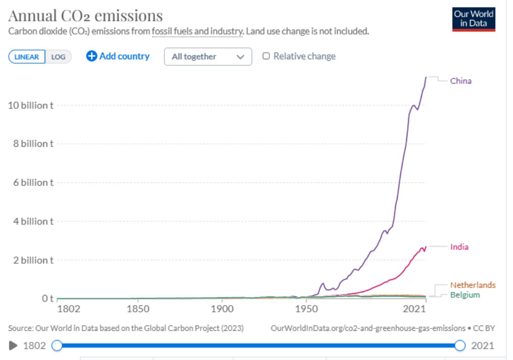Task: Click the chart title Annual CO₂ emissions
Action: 85,16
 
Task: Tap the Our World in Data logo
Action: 473,19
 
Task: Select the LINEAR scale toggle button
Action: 27,57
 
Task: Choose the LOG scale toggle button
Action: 58,57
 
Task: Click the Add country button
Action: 118,56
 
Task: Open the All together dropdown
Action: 208,57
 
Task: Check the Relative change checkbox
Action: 266,56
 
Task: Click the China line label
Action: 460,81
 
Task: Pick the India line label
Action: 459,247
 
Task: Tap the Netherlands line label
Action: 472,285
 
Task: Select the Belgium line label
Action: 464,295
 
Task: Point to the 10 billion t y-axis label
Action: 31,105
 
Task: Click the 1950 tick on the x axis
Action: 306,309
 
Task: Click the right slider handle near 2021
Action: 461,346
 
